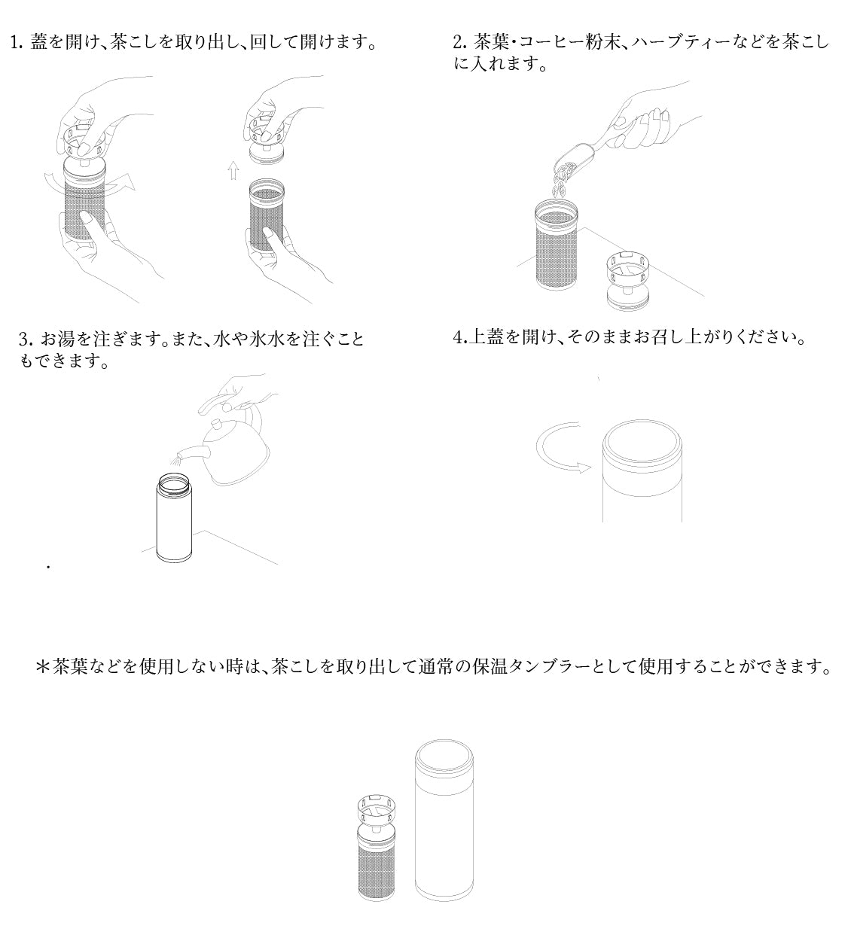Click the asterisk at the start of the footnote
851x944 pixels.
[42, 666]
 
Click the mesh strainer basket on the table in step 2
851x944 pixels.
[558, 248]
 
